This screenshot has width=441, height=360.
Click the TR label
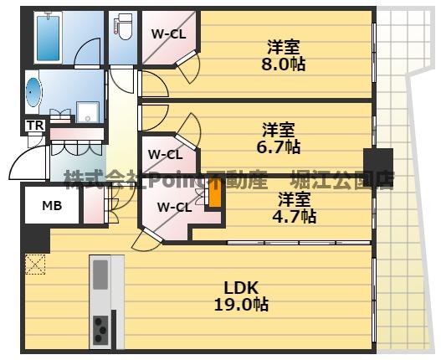[x=33, y=126]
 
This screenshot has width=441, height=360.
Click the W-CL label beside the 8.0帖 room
[x=167, y=33]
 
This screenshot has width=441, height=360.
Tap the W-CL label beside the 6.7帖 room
[x=166, y=154]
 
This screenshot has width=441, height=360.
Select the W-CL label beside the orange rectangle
[x=174, y=207]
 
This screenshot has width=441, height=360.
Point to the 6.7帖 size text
[x=279, y=147]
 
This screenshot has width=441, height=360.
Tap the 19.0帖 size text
[x=240, y=306]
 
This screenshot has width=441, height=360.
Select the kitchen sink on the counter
[x=101, y=274]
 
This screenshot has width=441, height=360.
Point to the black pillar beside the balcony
[x=378, y=161]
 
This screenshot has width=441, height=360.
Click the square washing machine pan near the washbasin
[x=87, y=111]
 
